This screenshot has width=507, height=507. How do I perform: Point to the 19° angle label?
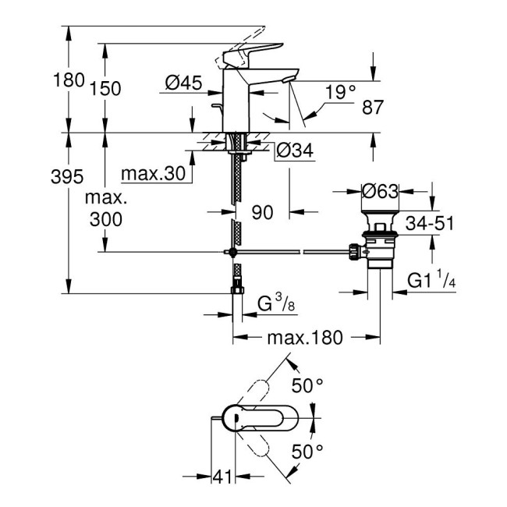pyautogui.click(x=340, y=92)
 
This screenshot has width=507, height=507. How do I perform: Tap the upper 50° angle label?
pyautogui.click(x=307, y=385)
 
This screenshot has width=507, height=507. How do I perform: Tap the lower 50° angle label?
pyautogui.click(x=307, y=452)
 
